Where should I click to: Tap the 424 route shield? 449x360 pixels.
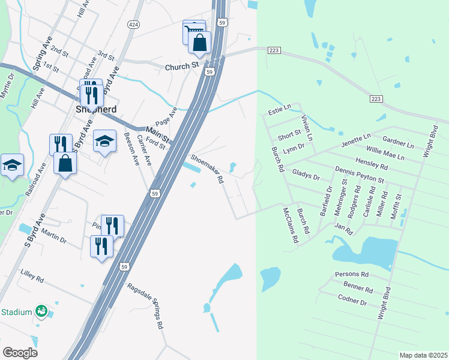pos(133,24)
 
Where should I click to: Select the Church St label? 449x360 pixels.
pos(182,66)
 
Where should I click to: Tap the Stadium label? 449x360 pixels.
pos(16,312)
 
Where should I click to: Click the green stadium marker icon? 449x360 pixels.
pos(41,311)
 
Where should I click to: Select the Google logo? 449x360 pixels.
pos(20,352)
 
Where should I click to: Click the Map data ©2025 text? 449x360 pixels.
pos(423,355)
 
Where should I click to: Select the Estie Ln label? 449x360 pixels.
pos(279,110)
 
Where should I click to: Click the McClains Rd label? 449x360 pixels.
pos(291,225)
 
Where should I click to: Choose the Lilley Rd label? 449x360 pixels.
pos(32,277)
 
